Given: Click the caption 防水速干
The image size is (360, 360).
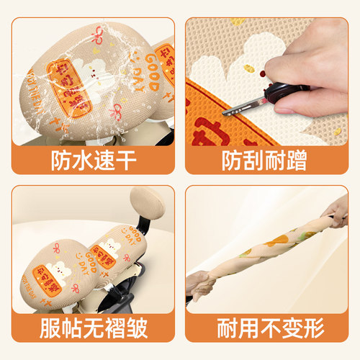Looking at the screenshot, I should pos(90,158).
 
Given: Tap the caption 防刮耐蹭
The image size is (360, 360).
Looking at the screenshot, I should pos(269,158).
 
